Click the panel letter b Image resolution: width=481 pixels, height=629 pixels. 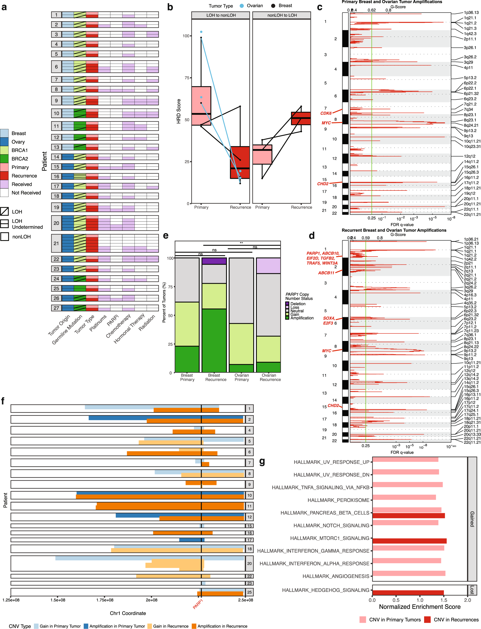(x=170, y=7)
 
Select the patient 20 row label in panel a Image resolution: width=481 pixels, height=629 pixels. (x=56, y=223)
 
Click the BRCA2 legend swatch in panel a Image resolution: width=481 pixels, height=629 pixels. (x=4, y=159)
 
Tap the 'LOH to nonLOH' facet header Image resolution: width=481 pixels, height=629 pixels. (x=221, y=15)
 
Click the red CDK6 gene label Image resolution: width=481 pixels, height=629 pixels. (x=326, y=113)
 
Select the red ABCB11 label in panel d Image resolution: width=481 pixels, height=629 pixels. (x=326, y=273)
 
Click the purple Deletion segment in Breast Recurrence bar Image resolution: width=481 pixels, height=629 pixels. (x=214, y=261)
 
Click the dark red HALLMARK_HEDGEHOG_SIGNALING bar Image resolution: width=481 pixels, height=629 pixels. (x=408, y=593)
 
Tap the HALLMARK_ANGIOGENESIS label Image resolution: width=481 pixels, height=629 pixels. (x=336, y=576)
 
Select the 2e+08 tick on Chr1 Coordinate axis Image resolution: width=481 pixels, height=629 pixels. (x=151, y=600)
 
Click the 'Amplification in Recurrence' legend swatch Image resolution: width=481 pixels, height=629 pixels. (x=194, y=626)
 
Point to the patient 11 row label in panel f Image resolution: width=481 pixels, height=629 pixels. (x=249, y=506)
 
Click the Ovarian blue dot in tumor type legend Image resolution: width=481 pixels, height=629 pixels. (x=242, y=6)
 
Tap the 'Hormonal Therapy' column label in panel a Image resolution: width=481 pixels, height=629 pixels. (x=129, y=328)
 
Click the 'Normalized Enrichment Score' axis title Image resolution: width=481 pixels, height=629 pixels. (x=420, y=607)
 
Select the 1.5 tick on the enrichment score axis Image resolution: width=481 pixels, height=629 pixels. (x=444, y=600)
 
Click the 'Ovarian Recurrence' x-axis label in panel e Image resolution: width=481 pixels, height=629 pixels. (x=270, y=377)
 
